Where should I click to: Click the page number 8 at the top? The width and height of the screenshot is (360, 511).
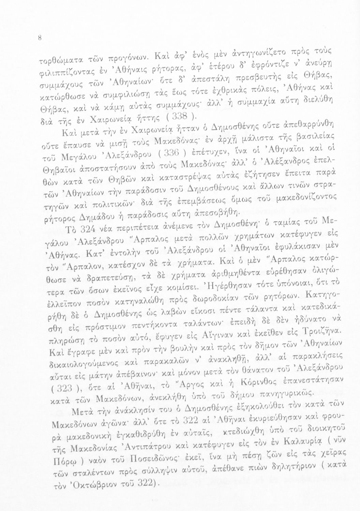40,38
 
